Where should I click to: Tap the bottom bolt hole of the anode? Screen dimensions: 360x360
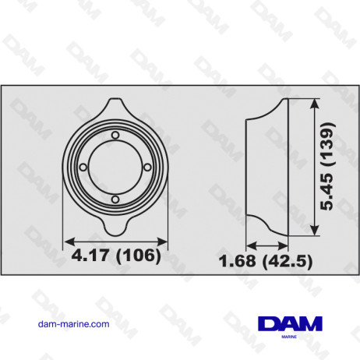point(115,200)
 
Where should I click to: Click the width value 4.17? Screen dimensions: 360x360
point(88,256)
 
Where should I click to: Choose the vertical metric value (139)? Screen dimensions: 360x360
point(332,144)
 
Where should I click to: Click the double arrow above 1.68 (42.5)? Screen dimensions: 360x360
point(267,242)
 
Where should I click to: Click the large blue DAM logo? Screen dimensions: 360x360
point(288,323)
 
